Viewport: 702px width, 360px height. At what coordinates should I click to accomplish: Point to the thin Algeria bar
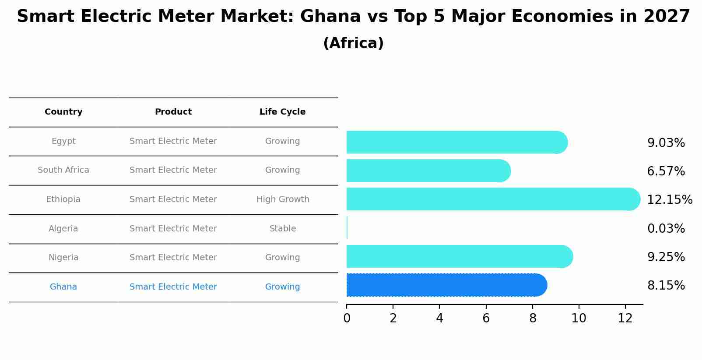(347, 228)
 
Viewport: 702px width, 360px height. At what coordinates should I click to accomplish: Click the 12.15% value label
(669, 200)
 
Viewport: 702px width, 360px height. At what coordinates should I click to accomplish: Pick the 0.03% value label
(666, 229)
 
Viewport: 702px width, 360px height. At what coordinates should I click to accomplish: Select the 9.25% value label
(666, 257)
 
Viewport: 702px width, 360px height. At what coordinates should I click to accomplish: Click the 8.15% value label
(666, 286)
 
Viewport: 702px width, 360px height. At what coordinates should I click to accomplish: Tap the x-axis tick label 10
(579, 318)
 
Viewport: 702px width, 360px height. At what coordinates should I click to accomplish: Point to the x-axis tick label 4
(439, 318)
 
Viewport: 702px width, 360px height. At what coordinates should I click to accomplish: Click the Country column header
(63, 112)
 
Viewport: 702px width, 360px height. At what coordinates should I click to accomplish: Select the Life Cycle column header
(282, 112)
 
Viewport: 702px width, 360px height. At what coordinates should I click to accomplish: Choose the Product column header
(173, 112)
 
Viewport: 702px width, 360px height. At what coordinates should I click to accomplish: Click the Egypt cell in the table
(63, 141)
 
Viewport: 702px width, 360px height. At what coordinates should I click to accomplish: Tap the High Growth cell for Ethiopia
(283, 199)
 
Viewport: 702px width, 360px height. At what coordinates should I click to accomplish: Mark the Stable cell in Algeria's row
(283, 229)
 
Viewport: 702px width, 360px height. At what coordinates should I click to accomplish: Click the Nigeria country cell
(63, 258)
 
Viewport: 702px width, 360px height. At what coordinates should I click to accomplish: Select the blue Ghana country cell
(63, 287)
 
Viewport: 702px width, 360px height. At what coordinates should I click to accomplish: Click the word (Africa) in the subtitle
(353, 43)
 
